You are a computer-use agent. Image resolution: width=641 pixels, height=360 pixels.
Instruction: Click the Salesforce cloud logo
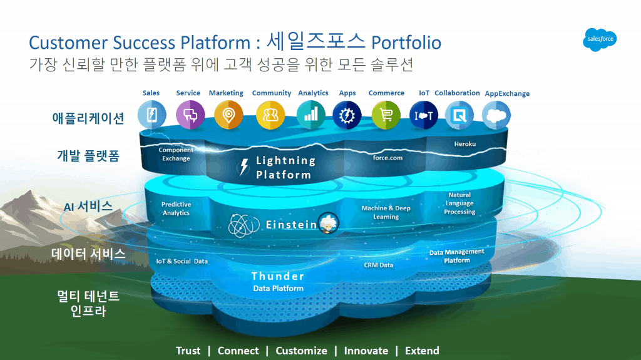(x=600, y=39)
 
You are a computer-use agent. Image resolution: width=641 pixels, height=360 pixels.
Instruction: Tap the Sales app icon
(x=151, y=115)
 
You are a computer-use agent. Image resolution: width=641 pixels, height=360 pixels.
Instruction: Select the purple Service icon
(x=189, y=115)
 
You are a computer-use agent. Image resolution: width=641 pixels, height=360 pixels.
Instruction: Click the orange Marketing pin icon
(x=228, y=115)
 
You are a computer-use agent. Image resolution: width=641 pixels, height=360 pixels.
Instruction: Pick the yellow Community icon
(x=270, y=115)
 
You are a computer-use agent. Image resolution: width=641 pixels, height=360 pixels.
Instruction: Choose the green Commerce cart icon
(x=386, y=115)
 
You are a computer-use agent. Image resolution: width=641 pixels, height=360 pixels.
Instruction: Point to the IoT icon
(x=424, y=115)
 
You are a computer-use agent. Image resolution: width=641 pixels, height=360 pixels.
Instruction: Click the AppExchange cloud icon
(x=496, y=115)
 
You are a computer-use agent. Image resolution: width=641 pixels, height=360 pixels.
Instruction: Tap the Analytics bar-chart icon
(x=310, y=115)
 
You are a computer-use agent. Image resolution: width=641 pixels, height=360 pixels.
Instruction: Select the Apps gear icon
(x=346, y=115)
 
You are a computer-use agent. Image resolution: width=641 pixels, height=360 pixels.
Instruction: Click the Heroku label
(x=464, y=144)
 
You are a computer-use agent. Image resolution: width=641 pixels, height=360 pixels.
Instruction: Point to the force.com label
(x=387, y=158)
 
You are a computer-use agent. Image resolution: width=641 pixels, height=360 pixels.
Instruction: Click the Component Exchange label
(x=176, y=154)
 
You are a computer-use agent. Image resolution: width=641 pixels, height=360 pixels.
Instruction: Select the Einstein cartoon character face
(x=328, y=224)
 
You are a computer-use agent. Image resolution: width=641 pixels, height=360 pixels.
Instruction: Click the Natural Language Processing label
(x=459, y=203)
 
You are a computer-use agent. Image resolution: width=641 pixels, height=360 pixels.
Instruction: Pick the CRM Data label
(x=379, y=265)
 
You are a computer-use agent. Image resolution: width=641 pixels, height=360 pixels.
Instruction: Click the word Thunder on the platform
(x=278, y=276)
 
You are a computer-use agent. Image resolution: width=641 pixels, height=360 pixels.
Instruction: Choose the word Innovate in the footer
(x=366, y=351)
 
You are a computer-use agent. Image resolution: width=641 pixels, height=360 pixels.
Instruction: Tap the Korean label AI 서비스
(x=88, y=206)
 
